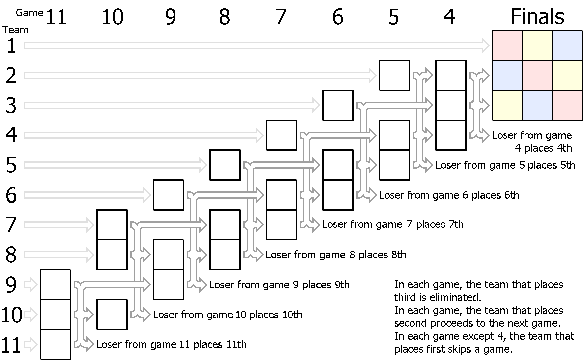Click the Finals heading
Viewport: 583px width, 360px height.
coord(537,16)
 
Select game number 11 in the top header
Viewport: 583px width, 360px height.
coord(56,17)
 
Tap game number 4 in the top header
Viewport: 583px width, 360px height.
coord(449,17)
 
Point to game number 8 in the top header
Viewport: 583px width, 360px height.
coord(225,17)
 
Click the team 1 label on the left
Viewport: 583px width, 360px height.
coord(11,46)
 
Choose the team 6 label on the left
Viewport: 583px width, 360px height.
coord(11,195)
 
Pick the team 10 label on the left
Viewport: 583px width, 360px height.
coord(12,315)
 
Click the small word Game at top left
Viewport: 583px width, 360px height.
coord(30,13)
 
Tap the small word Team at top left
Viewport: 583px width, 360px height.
coord(16,30)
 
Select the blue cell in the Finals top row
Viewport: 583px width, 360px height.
coord(567,45)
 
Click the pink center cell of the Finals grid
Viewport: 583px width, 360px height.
coord(537,75)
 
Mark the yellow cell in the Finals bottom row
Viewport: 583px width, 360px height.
coord(508,105)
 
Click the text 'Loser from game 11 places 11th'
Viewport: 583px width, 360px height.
coord(172,344)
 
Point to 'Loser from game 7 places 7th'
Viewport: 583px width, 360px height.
coord(393,225)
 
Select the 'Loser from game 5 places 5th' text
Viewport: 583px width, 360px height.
coord(505,165)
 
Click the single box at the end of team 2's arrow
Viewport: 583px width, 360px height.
coord(395,75)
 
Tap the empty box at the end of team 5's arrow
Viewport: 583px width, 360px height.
coord(225,165)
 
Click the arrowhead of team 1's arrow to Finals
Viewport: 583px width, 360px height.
coord(485,45)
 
